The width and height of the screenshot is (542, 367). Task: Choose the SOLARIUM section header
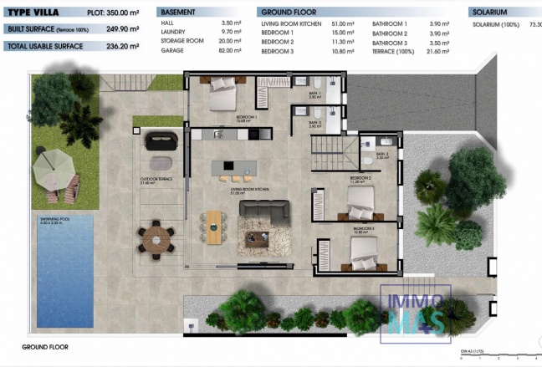[x=492, y=13]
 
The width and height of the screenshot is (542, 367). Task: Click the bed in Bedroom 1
[x=225, y=96]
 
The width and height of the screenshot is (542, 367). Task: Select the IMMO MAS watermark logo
[x=415, y=314]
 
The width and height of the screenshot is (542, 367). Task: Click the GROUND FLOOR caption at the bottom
[x=45, y=346]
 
